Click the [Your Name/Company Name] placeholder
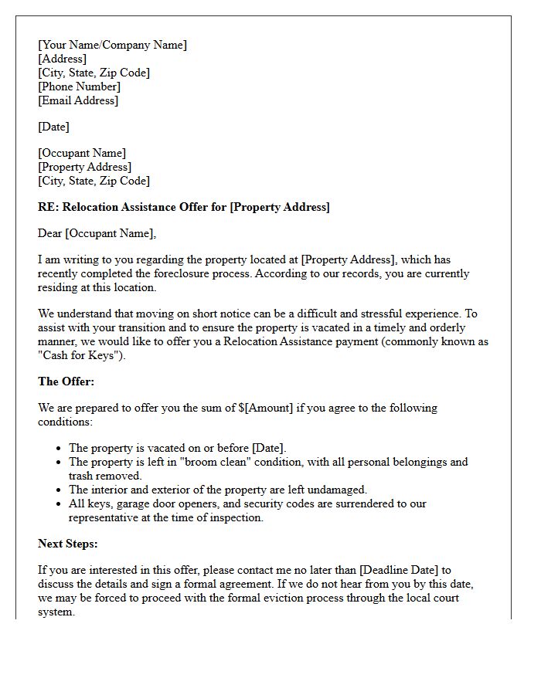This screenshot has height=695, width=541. coord(112,45)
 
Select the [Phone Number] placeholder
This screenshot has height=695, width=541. coord(79,86)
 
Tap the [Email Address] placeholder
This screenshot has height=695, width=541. coord(78,100)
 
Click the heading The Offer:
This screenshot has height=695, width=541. coord(66,381)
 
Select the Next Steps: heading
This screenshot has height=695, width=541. coord(69,544)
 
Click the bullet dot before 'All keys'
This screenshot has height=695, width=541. coord(60,503)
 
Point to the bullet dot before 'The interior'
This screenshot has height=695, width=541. coord(60,490)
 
